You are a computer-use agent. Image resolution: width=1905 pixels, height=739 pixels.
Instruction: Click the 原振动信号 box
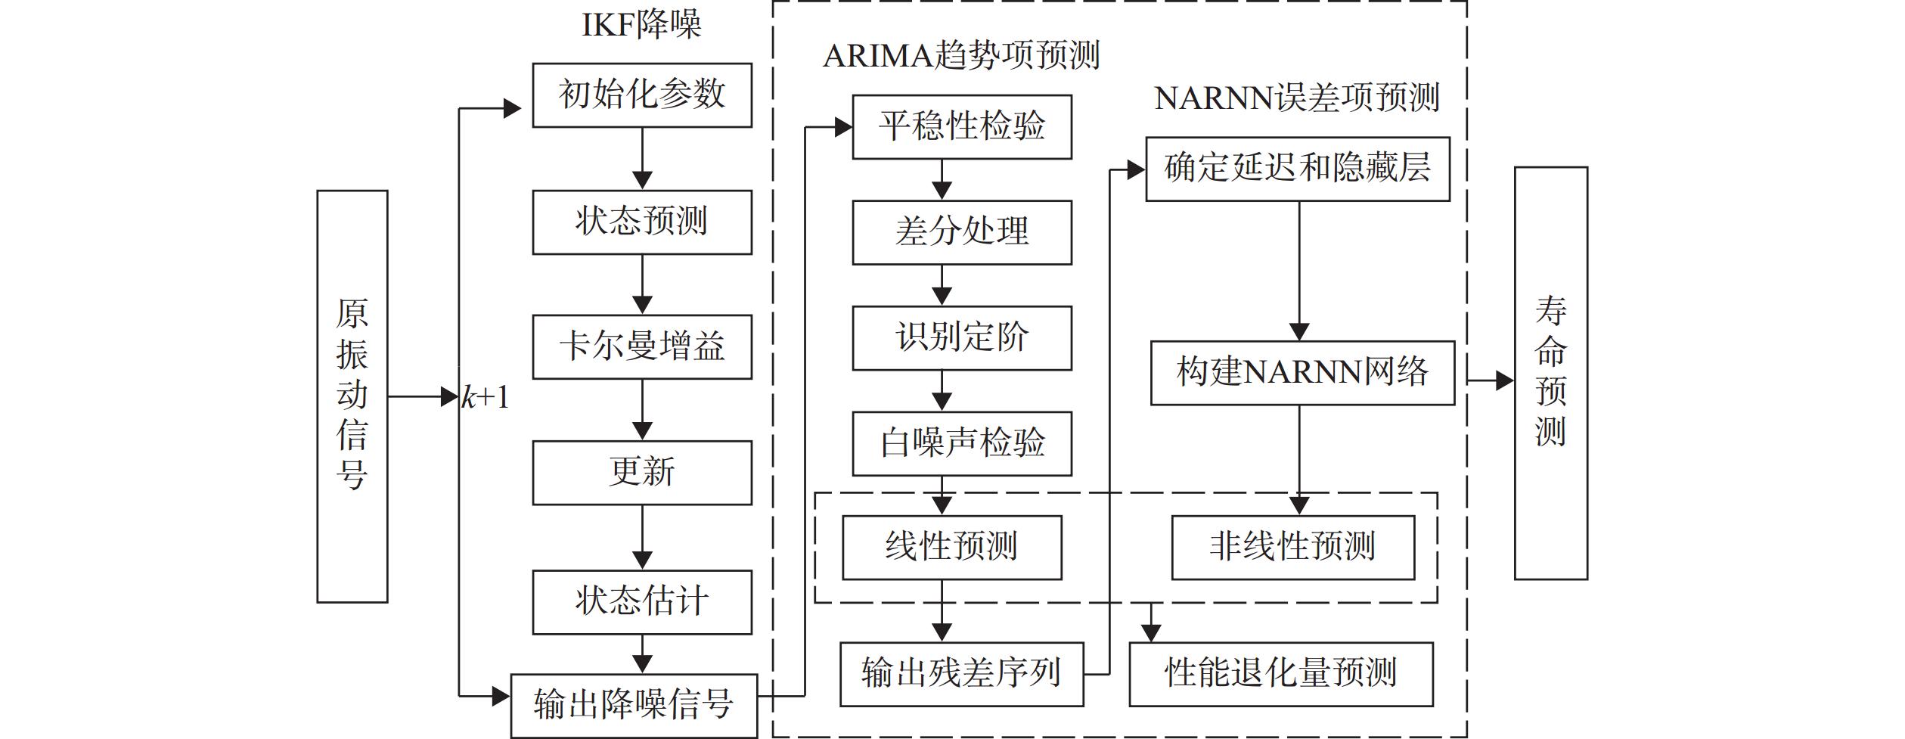click(352, 396)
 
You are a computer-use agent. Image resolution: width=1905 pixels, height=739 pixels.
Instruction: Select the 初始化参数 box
click(642, 95)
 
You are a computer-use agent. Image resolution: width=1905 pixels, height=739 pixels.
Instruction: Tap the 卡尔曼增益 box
click(642, 347)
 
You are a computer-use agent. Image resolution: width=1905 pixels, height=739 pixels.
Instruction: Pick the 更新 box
click(642, 473)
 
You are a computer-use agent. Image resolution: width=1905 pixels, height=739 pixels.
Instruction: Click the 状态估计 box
click(642, 602)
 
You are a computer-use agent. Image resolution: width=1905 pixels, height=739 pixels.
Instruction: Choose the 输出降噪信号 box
click(634, 706)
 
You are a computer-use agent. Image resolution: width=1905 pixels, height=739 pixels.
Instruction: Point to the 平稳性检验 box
click(962, 127)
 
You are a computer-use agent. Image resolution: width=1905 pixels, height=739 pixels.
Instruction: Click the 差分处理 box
click(962, 232)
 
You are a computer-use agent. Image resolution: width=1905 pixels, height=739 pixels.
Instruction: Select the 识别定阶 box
click(962, 338)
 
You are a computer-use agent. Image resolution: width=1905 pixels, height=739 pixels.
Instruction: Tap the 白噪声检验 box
click(962, 444)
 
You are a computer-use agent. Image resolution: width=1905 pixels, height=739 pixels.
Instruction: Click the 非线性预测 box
click(1293, 548)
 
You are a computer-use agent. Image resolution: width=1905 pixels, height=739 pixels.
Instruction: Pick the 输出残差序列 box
click(962, 675)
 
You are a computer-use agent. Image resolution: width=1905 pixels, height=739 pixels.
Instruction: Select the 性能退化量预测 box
click(1281, 675)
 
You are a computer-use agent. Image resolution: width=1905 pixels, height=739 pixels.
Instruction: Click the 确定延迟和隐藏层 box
click(1298, 169)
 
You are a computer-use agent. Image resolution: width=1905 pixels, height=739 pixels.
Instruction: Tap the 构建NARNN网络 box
click(1302, 373)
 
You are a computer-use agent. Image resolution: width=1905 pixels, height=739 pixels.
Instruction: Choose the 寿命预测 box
click(1551, 374)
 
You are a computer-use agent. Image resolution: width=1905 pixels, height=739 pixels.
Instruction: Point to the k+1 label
click(486, 397)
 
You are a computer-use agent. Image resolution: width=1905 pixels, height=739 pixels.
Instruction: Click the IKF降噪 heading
click(641, 25)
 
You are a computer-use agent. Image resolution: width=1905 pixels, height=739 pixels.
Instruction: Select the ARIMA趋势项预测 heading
click(961, 55)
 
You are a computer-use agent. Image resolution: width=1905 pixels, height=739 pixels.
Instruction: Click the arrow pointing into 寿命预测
click(1491, 380)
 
